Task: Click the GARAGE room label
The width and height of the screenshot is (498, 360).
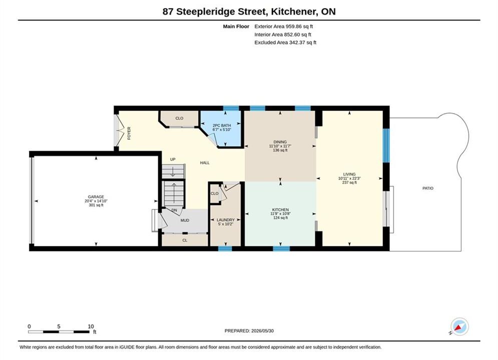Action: pyautogui.click(x=96, y=197)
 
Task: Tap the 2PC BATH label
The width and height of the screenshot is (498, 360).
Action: pyautogui.click(x=222, y=125)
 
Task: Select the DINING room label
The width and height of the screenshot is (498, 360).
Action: pyautogui.click(x=280, y=142)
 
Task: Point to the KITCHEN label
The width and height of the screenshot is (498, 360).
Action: pyautogui.click(x=280, y=209)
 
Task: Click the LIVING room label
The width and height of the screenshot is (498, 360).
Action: pyautogui.click(x=349, y=174)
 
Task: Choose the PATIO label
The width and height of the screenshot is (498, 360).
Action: pyautogui.click(x=428, y=188)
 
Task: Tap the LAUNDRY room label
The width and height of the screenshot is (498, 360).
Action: pyautogui.click(x=226, y=220)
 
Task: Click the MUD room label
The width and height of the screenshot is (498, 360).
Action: pyautogui.click(x=185, y=220)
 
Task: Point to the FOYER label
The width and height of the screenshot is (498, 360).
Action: pyautogui.click(x=129, y=133)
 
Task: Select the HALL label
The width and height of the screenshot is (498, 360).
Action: pyautogui.click(x=205, y=162)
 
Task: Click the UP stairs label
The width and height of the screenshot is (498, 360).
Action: pyautogui.click(x=173, y=159)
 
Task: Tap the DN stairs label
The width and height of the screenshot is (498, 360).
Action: pyautogui.click(x=174, y=210)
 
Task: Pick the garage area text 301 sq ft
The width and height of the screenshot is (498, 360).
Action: pyautogui.click(x=96, y=205)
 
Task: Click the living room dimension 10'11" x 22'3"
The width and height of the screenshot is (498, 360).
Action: pyautogui.click(x=349, y=178)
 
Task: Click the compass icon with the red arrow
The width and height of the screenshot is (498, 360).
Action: pyautogui.click(x=459, y=326)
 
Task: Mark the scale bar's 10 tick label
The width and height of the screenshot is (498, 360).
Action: pyautogui.click(x=91, y=326)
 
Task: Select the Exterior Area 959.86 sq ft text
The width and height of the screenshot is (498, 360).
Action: pyautogui.click(x=284, y=26)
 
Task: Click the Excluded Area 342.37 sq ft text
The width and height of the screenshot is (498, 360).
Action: pyautogui.click(x=285, y=42)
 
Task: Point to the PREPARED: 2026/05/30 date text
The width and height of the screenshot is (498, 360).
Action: pyautogui.click(x=249, y=331)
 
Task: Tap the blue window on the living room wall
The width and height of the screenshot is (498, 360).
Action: pyautogui.click(x=386, y=145)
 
